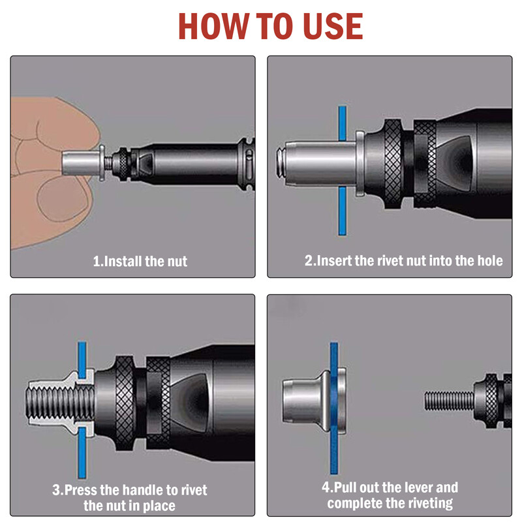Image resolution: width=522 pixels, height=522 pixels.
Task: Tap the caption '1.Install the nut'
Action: pyautogui.click(x=140, y=262)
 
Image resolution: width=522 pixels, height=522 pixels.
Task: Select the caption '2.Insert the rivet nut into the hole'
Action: pyautogui.click(x=403, y=261)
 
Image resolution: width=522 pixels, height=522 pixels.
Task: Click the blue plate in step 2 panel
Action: pyautogui.click(x=341, y=209)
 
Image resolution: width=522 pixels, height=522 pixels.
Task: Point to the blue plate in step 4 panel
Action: pyautogui.click(x=333, y=444)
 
